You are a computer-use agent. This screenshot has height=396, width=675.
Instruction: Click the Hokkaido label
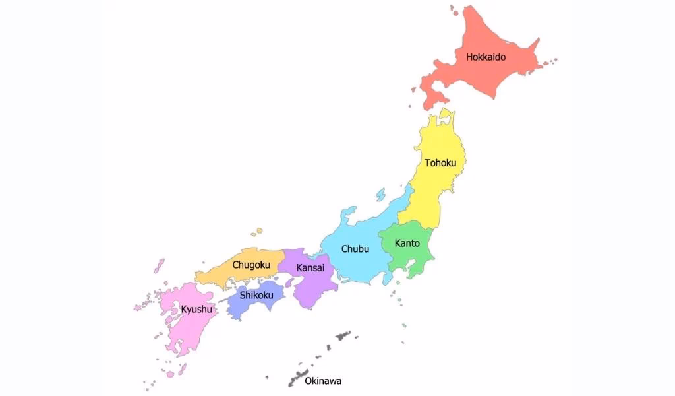click(x=486, y=57)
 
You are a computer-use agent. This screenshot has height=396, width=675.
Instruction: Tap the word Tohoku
click(x=440, y=162)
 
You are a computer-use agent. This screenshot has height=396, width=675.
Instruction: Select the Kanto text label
click(x=407, y=243)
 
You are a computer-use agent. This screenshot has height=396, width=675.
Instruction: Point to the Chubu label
click(x=355, y=249)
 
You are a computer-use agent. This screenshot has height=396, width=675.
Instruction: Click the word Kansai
click(x=310, y=267)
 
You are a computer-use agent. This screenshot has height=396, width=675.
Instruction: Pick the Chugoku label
click(x=251, y=265)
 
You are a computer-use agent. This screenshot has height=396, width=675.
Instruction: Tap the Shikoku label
click(x=256, y=295)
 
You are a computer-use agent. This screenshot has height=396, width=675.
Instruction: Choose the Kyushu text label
click(x=196, y=309)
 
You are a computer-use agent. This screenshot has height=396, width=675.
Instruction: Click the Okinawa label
click(x=323, y=381)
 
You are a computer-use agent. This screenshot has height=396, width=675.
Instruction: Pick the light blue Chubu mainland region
click(x=359, y=267)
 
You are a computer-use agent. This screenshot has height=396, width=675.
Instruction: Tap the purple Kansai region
click(x=310, y=290)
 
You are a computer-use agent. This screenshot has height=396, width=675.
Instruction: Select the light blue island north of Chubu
click(x=380, y=195)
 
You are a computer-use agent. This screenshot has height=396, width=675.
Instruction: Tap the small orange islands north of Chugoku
click(x=256, y=232)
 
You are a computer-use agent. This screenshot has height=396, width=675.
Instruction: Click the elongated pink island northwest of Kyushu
click(x=159, y=265)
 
